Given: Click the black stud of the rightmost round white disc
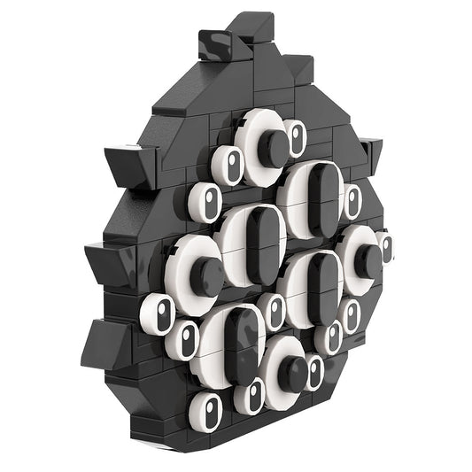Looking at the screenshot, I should [x=368, y=259].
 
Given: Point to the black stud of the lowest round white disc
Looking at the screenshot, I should [x=292, y=372].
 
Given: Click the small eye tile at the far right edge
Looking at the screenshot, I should [x=387, y=246].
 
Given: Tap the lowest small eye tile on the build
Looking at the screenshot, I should [x=211, y=411].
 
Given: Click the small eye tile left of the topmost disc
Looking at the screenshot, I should [x=230, y=166].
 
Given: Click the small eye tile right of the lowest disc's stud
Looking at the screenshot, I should [x=315, y=372].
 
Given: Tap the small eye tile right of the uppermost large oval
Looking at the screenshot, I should [x=352, y=202].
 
